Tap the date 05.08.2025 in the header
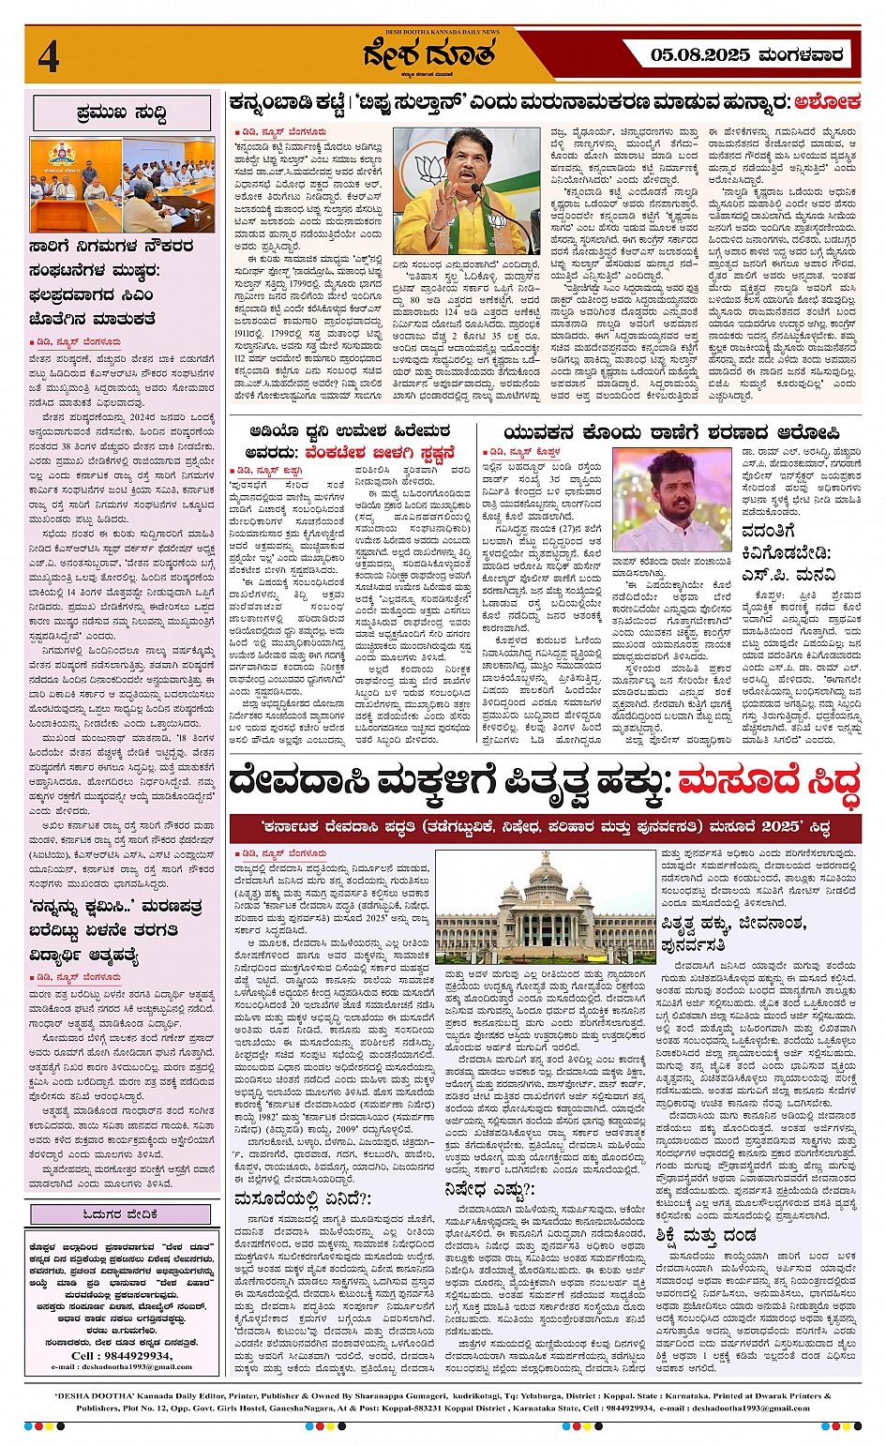[x=700, y=55]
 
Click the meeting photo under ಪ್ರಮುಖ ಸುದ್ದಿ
[x=122, y=185]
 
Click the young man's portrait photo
[x=672, y=499]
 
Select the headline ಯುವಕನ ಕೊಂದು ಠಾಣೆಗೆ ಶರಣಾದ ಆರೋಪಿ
[x=671, y=433]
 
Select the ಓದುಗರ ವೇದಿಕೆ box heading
[x=121, y=1213]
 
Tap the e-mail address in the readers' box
[x=120, y=1366]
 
